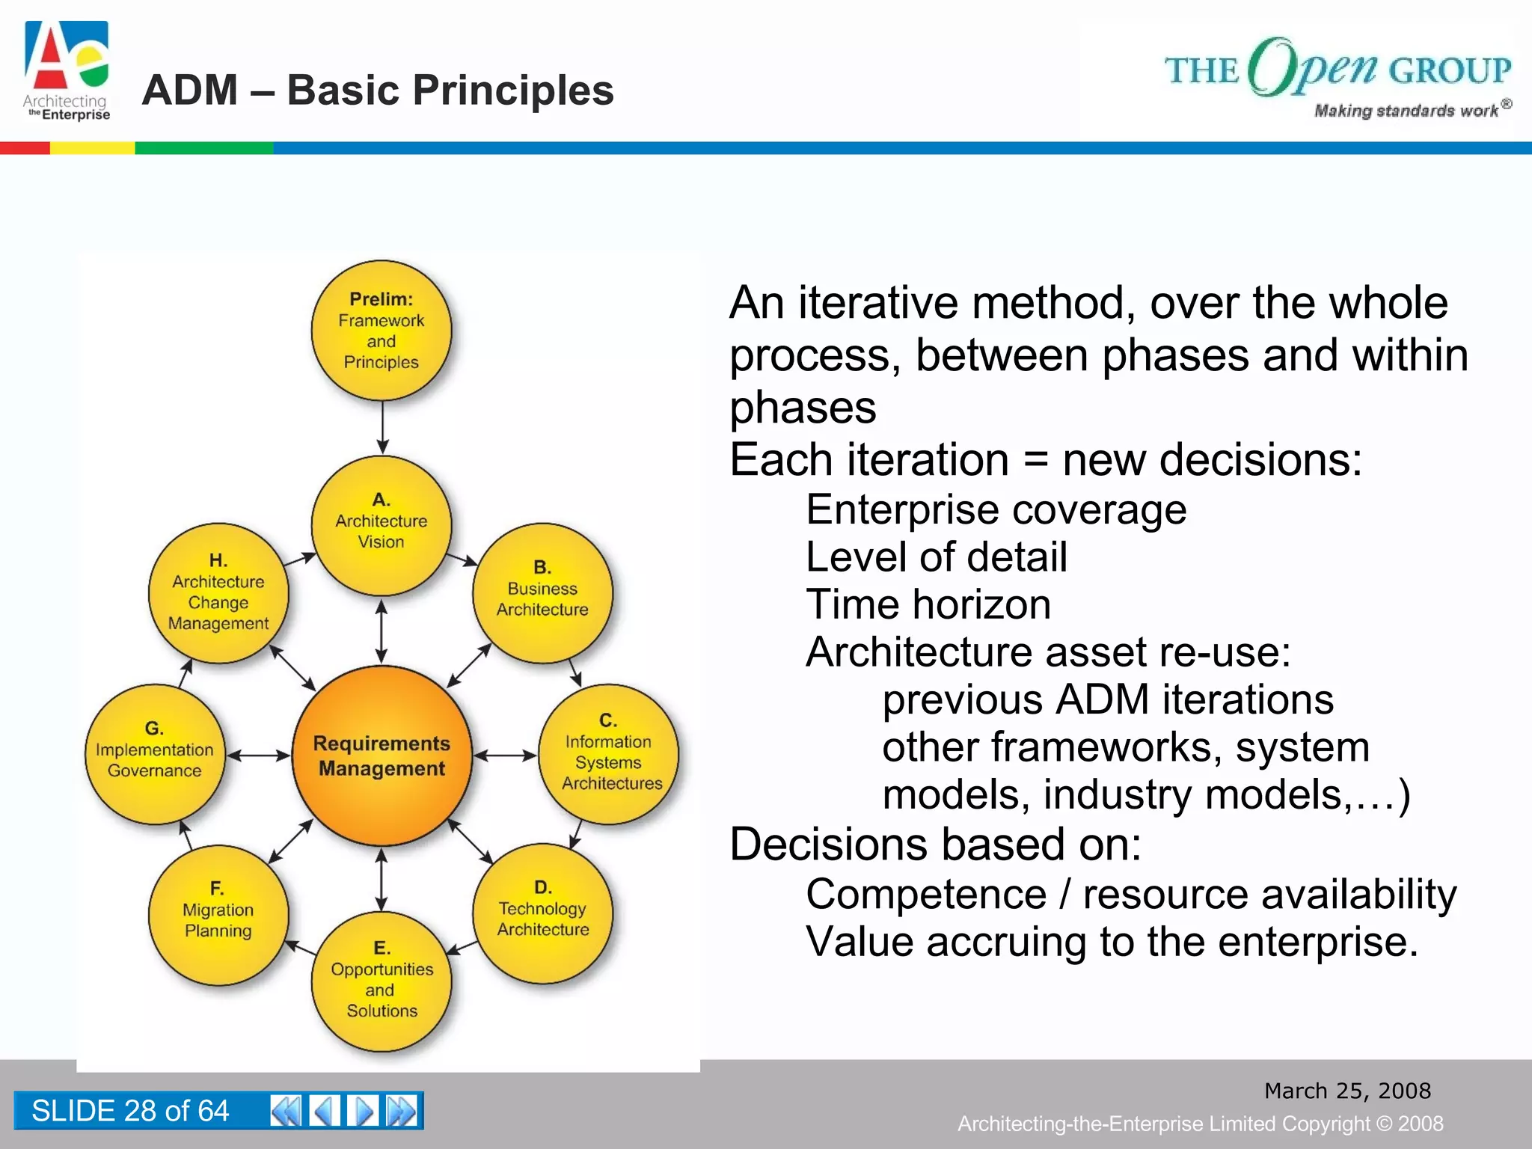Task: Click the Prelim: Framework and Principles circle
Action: point(382,330)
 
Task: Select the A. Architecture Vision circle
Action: point(382,524)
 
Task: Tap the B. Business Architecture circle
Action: point(542,592)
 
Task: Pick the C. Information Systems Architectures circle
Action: point(608,754)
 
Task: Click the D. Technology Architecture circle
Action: point(542,913)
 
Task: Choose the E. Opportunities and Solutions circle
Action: point(382,981)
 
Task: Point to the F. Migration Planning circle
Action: point(218,914)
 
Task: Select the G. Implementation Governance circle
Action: point(155,754)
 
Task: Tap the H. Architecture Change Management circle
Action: point(218,592)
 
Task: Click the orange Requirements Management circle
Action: point(382,756)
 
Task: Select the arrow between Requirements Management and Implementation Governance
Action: point(258,756)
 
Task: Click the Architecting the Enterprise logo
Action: point(67,71)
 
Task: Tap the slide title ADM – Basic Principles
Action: point(378,91)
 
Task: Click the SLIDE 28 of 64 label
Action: point(130,1111)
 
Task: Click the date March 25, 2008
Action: point(1347,1091)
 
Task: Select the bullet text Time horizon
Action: point(928,604)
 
